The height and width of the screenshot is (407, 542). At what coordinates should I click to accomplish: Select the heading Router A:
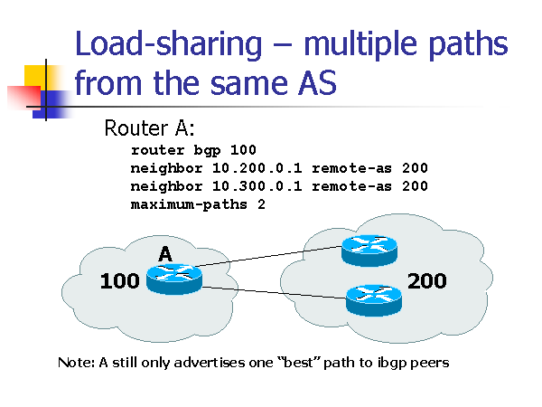149,127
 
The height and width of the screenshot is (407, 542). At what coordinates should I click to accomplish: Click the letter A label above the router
165,255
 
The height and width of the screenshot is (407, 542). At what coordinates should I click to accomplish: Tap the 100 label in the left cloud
119,281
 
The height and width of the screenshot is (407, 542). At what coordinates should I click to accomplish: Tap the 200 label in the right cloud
426,281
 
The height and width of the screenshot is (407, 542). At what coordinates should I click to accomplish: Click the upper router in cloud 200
368,250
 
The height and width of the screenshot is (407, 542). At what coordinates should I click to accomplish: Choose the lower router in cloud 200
372,298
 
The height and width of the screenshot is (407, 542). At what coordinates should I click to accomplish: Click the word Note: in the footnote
77,363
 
